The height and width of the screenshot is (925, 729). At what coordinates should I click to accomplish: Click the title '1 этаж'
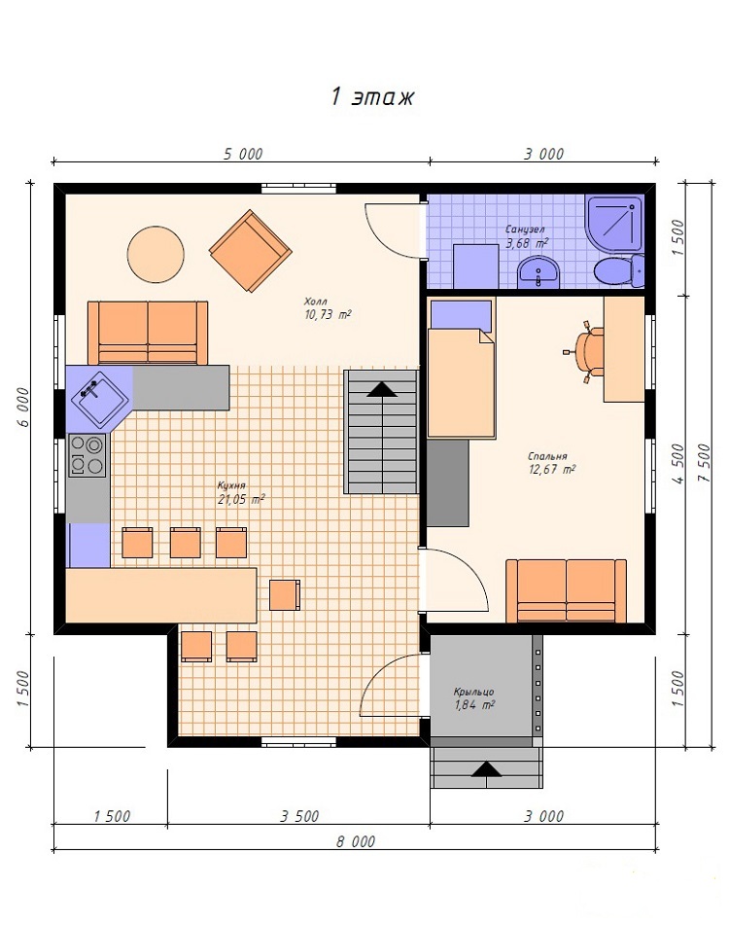point(372,96)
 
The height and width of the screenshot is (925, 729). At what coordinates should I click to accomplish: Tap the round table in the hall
point(156,254)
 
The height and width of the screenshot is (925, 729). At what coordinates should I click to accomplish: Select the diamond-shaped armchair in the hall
point(251,251)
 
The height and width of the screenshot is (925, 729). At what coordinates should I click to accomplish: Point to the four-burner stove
point(87,455)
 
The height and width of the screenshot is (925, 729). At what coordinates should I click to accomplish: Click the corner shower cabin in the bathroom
point(614,225)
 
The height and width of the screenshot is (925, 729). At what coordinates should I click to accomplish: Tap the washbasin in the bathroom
point(538,272)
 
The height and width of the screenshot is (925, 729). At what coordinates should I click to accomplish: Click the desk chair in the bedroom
point(586,353)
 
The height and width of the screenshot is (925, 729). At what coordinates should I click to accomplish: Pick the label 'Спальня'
point(547,456)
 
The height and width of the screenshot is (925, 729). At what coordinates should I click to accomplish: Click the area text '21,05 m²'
point(241,500)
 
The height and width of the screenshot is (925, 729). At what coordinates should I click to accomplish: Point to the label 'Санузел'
point(525,229)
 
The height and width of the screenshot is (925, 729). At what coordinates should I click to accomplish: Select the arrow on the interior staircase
point(382,389)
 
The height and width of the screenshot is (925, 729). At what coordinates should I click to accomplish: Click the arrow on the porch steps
point(486,768)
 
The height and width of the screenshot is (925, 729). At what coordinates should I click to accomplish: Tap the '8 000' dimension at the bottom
point(356,841)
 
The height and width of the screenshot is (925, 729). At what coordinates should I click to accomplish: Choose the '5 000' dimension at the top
point(243,154)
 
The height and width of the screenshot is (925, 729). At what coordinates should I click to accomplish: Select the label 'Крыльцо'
point(473,692)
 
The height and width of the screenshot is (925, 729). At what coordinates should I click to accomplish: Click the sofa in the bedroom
point(566,590)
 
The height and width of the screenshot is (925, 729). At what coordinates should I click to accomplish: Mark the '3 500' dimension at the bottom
point(299,816)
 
